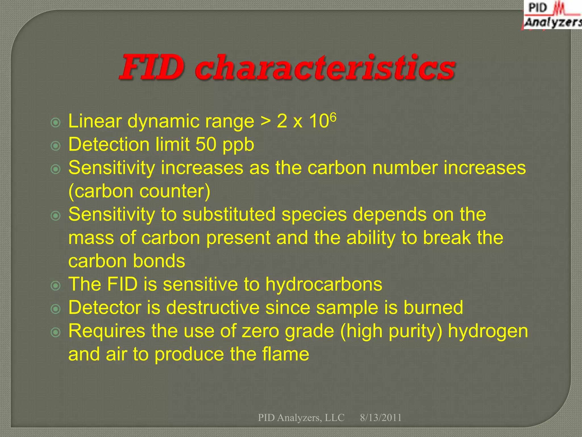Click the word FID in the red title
(x=152, y=68)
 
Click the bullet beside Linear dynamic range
(x=55, y=123)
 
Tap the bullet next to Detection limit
(x=55, y=146)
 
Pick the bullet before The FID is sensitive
(x=55, y=286)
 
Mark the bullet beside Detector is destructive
(x=55, y=309)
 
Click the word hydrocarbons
(x=324, y=284)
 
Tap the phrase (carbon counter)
(x=139, y=191)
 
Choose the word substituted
(x=229, y=214)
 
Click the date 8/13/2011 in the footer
(x=381, y=418)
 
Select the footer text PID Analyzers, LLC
(x=301, y=418)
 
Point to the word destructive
(x=213, y=308)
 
